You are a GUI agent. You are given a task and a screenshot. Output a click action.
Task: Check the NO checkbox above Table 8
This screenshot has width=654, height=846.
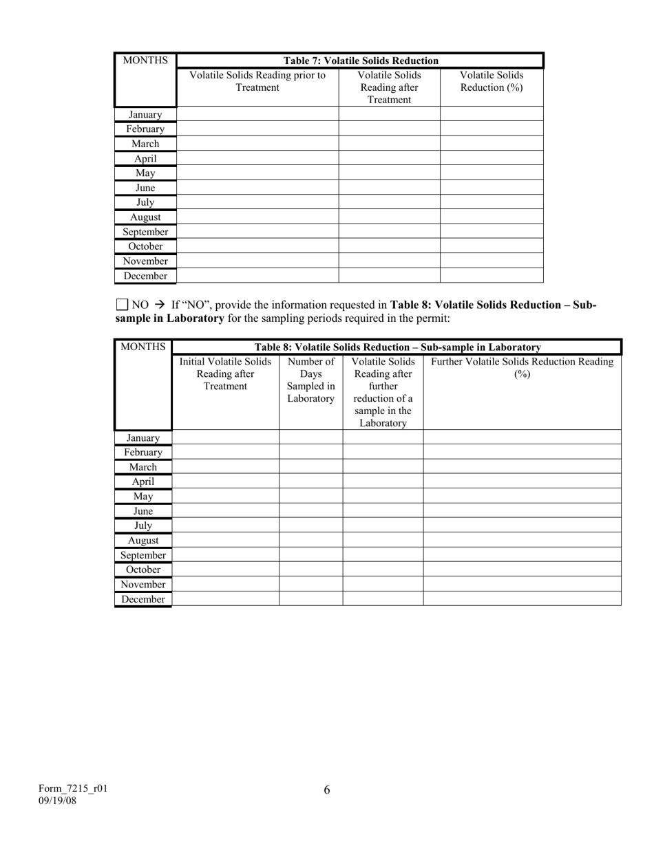tap(122, 304)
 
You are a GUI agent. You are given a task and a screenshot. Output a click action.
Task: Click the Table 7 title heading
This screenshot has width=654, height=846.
tap(361, 61)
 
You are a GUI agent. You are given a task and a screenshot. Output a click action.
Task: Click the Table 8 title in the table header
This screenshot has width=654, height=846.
tap(397, 347)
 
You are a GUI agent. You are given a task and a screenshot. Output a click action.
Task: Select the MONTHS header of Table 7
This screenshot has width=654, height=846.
tap(145, 60)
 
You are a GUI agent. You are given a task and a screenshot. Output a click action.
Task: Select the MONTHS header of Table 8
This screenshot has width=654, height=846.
tap(143, 347)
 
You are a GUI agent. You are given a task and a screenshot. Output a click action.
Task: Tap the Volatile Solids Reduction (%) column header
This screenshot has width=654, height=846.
tap(492, 81)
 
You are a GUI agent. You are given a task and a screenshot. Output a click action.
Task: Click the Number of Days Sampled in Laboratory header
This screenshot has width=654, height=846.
tap(311, 380)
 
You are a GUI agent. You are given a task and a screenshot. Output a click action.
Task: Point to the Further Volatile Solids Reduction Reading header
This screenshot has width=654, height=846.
tap(522, 368)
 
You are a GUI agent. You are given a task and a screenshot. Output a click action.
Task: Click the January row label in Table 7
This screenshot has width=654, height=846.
tap(145, 115)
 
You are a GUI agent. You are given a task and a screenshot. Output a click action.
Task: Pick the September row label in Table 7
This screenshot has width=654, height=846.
tap(145, 232)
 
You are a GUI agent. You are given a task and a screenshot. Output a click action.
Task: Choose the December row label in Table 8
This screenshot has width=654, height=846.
tap(143, 599)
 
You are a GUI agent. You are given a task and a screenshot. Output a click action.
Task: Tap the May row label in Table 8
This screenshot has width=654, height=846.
tap(143, 496)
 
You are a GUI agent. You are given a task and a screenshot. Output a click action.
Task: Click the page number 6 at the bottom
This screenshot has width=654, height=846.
tap(327, 790)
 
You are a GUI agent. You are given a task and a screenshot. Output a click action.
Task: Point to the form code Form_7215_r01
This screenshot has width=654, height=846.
tap(72, 789)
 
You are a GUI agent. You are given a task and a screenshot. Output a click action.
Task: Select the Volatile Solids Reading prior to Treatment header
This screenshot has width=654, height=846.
tap(257, 81)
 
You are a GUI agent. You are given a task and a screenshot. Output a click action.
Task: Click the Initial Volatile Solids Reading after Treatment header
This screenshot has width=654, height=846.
tap(225, 373)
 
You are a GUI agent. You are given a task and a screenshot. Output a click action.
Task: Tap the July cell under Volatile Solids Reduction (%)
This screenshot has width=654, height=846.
tap(492, 202)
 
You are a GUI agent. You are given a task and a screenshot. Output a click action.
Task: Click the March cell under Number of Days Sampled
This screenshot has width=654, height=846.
tap(311, 467)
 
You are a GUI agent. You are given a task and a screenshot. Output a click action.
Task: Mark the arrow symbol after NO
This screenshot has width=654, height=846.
tap(160, 304)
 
